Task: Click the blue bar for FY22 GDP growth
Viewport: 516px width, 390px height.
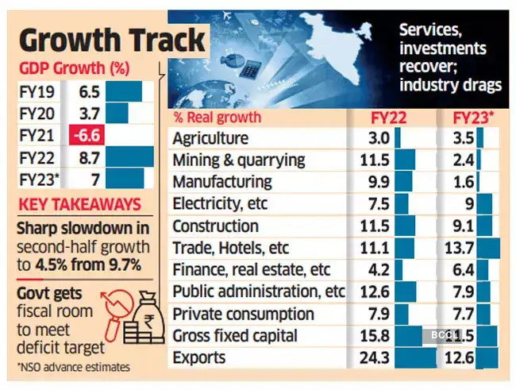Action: click(129, 156)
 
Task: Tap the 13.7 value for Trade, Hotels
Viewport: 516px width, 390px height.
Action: click(460, 249)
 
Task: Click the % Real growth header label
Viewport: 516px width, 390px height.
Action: click(217, 118)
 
